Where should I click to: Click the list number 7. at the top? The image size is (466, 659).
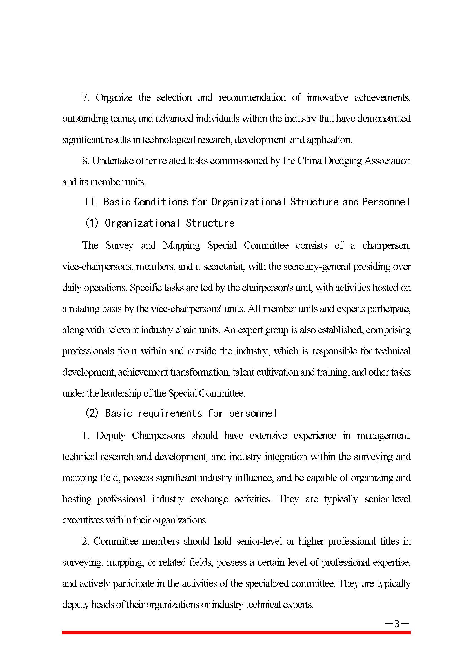86,97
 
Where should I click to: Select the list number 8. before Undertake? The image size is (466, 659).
86,161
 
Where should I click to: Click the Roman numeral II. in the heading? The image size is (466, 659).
92,202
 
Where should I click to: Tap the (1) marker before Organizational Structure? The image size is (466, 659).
92,223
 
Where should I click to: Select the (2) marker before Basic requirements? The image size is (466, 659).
92,413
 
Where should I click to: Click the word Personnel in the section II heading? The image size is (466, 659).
385,202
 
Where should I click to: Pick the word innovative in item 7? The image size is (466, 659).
327,97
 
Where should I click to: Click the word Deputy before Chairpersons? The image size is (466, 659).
110,435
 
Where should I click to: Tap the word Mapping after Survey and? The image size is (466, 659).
181,246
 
